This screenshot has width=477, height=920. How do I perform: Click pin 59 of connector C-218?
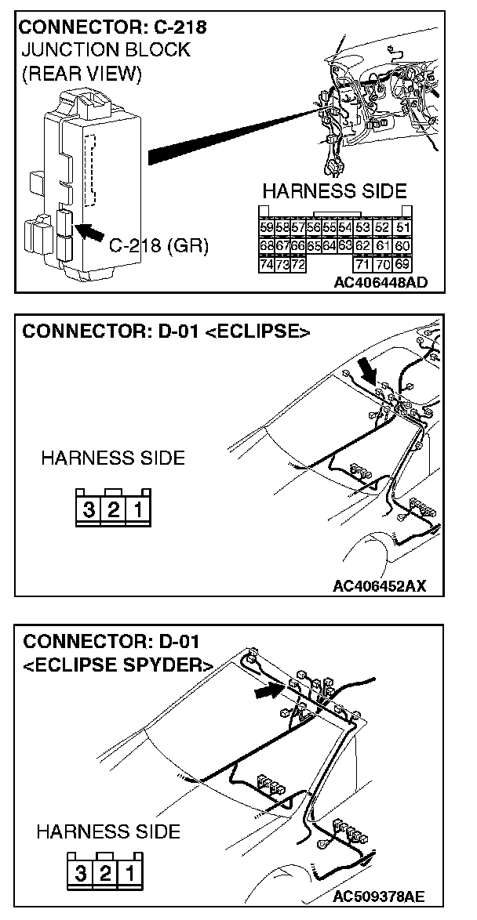point(266,227)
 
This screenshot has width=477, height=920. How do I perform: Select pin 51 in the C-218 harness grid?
point(403,227)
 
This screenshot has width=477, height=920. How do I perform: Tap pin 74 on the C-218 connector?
point(266,264)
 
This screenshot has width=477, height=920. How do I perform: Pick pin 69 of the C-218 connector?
point(403,264)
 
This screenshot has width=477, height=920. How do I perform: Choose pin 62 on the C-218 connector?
point(362,246)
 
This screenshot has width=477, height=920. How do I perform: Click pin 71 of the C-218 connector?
point(362,264)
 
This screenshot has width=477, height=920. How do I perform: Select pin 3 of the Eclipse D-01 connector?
point(89,510)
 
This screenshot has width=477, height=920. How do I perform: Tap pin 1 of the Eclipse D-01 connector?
point(137,510)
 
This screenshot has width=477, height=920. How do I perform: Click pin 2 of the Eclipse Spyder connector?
point(104,872)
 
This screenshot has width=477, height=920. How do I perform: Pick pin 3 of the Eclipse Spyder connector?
point(81,872)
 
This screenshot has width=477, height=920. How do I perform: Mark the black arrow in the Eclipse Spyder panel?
point(268,690)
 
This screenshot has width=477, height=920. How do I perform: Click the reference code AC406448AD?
point(381,282)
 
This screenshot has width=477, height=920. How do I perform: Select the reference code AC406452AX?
point(380,585)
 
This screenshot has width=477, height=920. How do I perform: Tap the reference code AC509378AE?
point(380,896)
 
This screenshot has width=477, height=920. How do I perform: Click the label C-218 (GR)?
point(158,246)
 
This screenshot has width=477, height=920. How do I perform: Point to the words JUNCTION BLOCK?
point(105,50)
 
